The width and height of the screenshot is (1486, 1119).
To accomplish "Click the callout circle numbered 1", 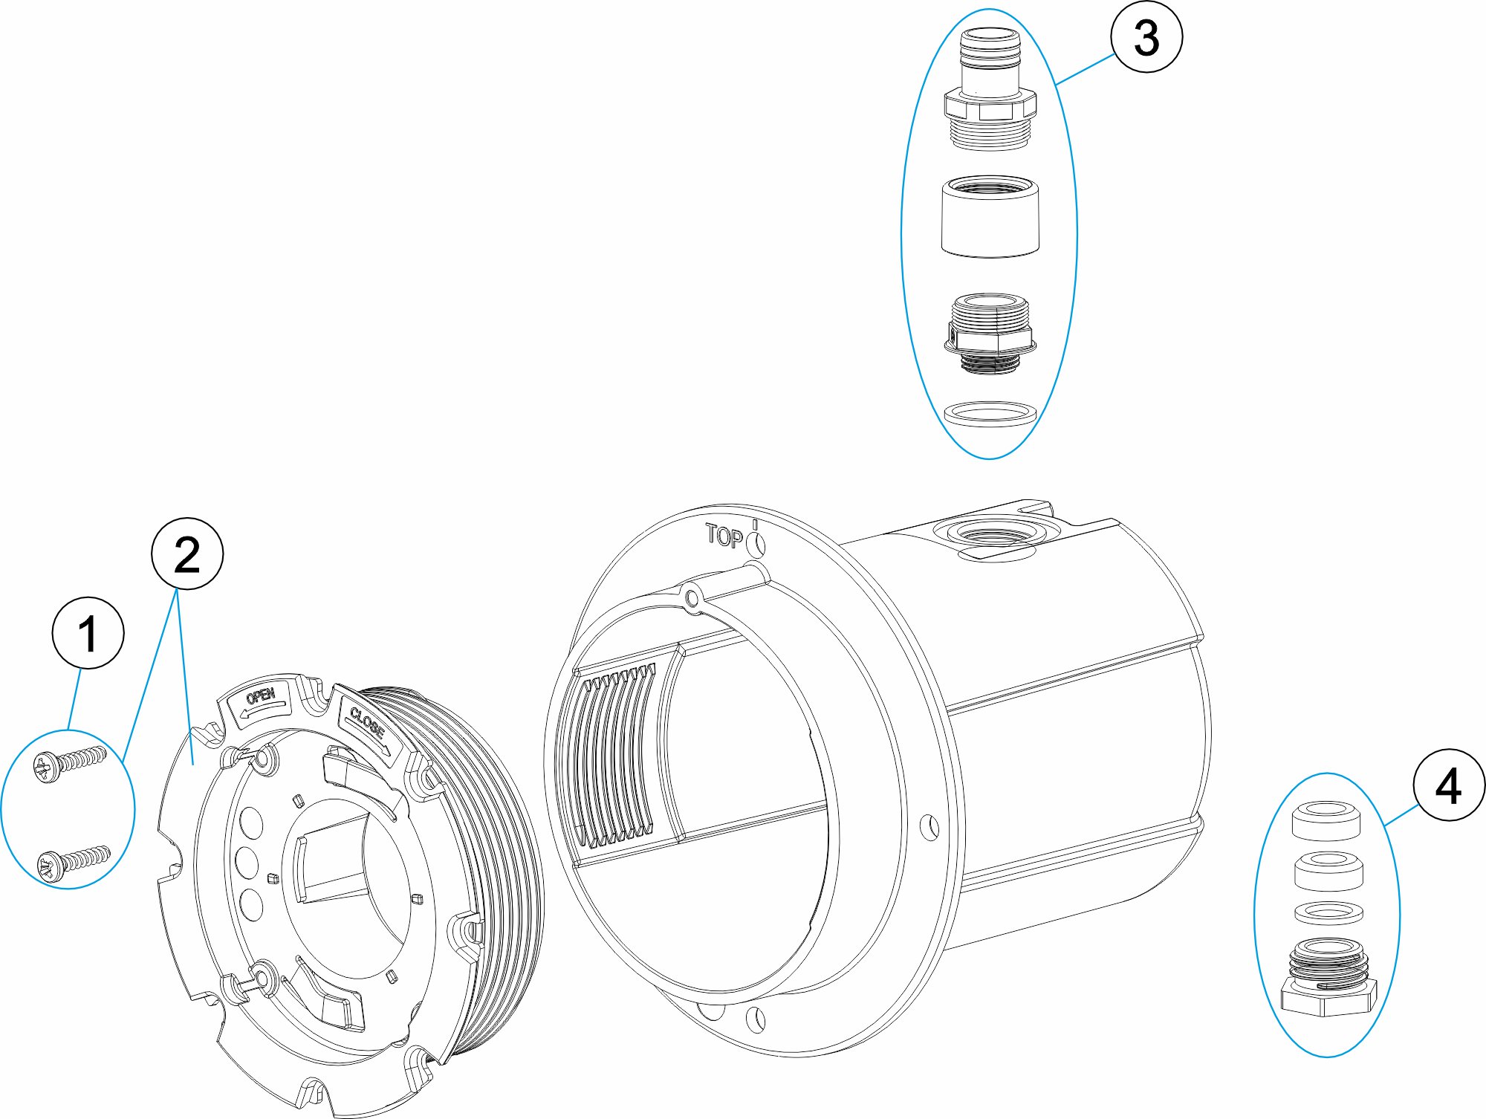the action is coord(88,633).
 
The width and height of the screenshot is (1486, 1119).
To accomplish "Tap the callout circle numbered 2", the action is coord(187,554).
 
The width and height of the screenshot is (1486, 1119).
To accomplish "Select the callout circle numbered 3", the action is coord(1146,36).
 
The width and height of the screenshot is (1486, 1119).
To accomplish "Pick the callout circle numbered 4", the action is coord(1449,785).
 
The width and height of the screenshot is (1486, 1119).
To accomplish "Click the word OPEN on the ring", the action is coord(260,696).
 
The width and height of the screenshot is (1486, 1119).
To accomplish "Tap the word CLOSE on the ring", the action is coord(367,722).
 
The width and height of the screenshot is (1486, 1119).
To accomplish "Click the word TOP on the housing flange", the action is coord(724,536).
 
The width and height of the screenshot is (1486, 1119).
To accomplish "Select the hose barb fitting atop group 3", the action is coord(990,89).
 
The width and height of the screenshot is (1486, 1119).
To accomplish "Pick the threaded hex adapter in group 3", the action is coord(990,334).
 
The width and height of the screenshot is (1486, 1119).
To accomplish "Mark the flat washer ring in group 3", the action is coord(990,414).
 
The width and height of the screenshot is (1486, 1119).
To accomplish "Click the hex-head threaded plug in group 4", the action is coord(1328,977).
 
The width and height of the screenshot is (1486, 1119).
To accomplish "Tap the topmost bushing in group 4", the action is coord(1326,820).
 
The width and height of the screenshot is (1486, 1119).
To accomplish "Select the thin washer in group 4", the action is coord(1328,912).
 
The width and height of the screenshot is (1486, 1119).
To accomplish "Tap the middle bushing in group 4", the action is coord(1328,872).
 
